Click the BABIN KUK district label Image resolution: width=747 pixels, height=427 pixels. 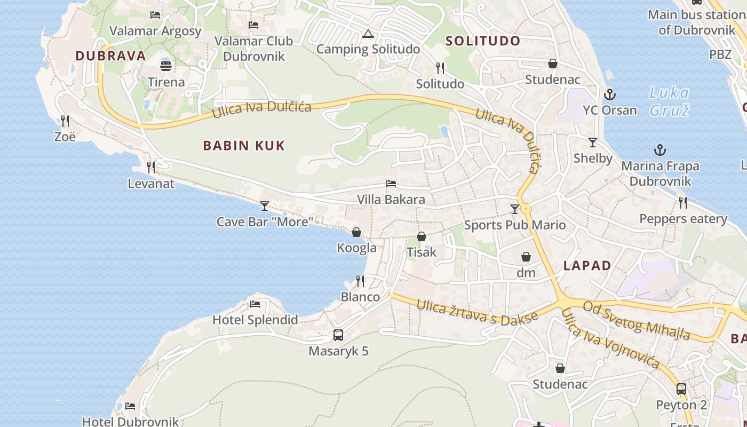pos(244,145)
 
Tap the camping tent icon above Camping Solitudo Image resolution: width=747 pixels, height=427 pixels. pos(367,34)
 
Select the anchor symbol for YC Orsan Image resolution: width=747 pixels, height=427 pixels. pos(609,95)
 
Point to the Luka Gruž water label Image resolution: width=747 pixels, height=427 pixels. pos(669,101)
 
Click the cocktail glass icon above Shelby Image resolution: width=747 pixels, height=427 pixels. pos(592,143)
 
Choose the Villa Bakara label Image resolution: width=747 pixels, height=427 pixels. pos(391,200)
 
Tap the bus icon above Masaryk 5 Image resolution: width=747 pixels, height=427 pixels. pos(338,335)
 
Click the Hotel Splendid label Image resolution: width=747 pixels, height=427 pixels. pos(255,320)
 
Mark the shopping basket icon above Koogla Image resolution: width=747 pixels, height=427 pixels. pos(356,232)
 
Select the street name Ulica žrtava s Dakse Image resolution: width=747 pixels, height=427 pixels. pos(476,312)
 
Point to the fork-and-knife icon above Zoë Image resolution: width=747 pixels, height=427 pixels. pos(65,121)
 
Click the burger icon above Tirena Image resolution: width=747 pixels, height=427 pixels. pos(166,66)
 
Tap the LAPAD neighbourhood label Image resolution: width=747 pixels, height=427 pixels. pos(587,265)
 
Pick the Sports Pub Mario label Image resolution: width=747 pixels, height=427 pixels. pos(514,225)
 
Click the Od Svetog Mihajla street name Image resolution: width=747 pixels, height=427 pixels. pos(636,320)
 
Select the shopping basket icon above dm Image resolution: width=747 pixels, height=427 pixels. pos(526,257)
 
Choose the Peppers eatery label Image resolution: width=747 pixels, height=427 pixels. pos(683,219)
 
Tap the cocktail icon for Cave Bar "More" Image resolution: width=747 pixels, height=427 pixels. pos(265,205)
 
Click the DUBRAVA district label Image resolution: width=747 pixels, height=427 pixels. pos(110,56)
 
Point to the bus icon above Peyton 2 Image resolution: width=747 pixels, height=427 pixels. pos(681,389)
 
